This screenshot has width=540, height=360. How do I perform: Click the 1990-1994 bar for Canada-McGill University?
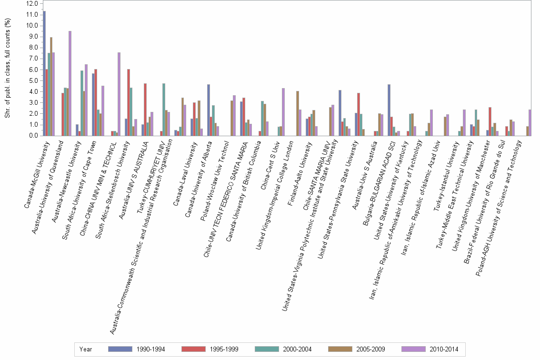44,73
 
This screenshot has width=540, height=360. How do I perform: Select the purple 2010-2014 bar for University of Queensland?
70,83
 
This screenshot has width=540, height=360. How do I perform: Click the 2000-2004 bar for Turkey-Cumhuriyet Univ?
164,110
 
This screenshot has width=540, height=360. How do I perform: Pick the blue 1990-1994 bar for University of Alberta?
209,110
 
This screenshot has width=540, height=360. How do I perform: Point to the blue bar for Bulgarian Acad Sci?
389,110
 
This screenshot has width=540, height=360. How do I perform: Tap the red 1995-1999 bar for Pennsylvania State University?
359,114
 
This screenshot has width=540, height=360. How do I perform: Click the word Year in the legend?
86,349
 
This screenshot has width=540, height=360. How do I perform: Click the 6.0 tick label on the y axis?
33,70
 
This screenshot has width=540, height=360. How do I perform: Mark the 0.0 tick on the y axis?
33,136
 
